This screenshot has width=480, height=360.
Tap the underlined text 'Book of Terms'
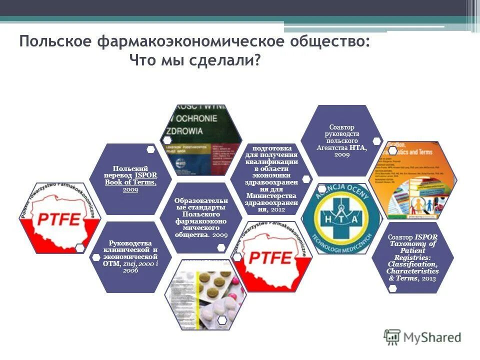click(130, 182)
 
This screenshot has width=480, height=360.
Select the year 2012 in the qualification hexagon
click(278, 209)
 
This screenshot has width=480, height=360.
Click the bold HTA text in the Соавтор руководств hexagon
click(357, 147)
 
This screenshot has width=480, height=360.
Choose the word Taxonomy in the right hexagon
click(413, 243)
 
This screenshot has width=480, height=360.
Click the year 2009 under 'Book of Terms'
click(130, 189)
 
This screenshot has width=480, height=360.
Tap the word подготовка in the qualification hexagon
click(272, 148)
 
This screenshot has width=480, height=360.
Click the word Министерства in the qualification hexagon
click(272, 195)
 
